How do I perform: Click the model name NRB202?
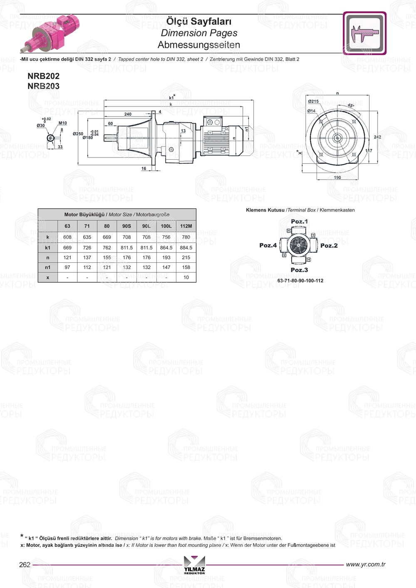click(43, 76)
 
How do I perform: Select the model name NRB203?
click(43, 86)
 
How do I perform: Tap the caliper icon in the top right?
click(365, 33)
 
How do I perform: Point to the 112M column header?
click(186, 226)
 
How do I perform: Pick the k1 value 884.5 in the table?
click(186, 247)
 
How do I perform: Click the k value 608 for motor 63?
click(67, 237)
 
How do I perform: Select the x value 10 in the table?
click(186, 277)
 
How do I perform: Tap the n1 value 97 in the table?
click(67, 267)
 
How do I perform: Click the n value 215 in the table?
click(186, 257)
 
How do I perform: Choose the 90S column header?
click(126, 226)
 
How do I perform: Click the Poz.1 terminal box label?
click(299, 222)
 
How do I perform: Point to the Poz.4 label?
click(268, 245)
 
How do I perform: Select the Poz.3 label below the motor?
click(299, 270)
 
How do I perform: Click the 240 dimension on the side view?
click(128, 114)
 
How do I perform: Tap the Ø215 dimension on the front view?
click(313, 101)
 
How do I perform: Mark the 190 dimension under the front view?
click(337, 178)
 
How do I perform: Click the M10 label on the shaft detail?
click(62, 123)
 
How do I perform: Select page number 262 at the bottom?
click(25, 565)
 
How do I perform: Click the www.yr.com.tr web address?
click(365, 564)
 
